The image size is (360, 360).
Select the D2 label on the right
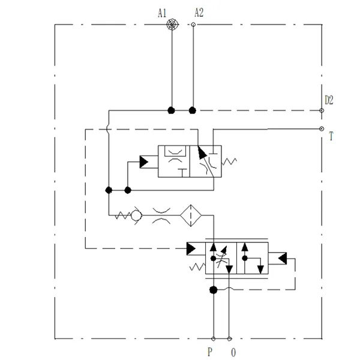[x=329, y=100]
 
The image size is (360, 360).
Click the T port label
[x=331, y=137]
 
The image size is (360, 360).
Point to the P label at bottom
[x=210, y=352]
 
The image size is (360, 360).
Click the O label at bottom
[x=233, y=352]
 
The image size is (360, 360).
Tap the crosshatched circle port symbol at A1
[x=172, y=25]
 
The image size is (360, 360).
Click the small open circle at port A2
[x=193, y=25]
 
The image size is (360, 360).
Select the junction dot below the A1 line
[x=172, y=110]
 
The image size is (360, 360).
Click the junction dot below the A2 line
[x=193, y=110]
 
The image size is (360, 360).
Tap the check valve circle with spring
[x=137, y=214]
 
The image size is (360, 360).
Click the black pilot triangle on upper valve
[x=145, y=161]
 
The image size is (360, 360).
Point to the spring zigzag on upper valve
[x=232, y=161]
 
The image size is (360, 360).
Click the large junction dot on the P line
[x=213, y=290]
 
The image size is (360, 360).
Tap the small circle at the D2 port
[x=322, y=110]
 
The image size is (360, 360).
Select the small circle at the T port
[x=322, y=128]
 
